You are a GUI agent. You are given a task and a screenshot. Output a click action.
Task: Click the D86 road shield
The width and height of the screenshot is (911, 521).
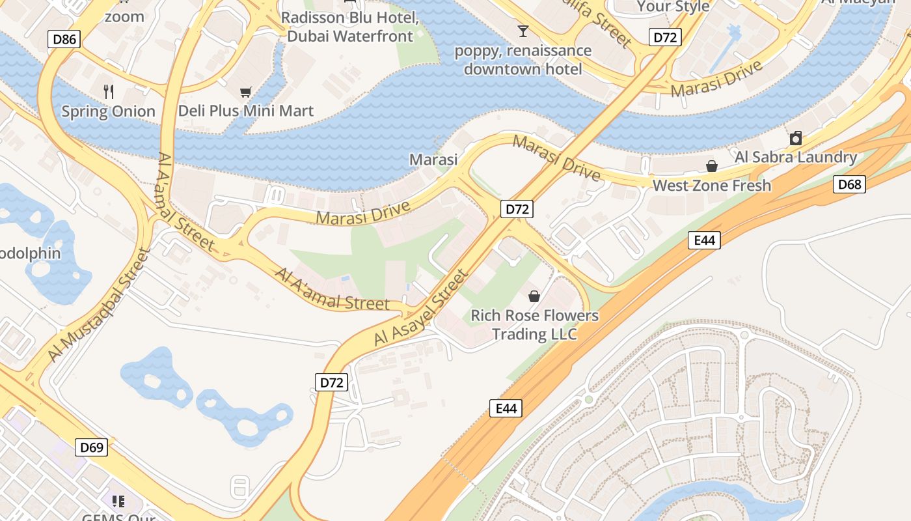64,39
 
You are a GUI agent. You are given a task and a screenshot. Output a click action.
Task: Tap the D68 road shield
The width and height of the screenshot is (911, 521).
849,184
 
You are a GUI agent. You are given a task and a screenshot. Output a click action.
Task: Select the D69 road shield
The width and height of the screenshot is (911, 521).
92,447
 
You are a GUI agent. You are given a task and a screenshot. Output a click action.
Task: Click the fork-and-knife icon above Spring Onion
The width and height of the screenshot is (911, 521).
109,92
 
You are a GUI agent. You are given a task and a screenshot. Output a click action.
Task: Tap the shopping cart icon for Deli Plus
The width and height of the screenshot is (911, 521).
245,92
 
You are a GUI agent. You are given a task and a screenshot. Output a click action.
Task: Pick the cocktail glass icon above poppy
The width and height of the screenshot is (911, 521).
523,31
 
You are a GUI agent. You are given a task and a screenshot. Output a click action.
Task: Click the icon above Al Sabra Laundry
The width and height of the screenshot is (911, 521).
795,138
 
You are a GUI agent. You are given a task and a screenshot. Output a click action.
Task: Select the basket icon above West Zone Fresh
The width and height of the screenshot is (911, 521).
712,166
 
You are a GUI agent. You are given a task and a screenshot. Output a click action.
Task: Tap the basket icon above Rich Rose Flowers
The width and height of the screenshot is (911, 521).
534,296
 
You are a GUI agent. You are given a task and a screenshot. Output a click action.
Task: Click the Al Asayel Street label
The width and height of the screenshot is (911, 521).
421,308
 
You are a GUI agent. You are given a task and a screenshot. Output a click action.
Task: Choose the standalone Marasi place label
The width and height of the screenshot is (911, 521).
433,159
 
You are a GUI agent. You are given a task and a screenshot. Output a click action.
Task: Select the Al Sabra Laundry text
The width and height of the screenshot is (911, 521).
795,157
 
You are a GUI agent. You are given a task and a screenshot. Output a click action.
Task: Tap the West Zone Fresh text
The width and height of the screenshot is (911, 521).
711,185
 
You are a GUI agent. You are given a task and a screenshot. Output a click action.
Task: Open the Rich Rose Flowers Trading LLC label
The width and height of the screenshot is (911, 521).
534,324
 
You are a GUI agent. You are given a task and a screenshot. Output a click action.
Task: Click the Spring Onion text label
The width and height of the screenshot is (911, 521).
109,111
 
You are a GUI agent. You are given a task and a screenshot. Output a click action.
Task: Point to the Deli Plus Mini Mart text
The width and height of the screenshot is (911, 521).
246,111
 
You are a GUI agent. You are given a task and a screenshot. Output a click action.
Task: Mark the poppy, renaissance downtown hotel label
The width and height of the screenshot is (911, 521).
523,59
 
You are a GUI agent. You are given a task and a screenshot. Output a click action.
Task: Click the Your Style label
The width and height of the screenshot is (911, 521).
673,7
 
